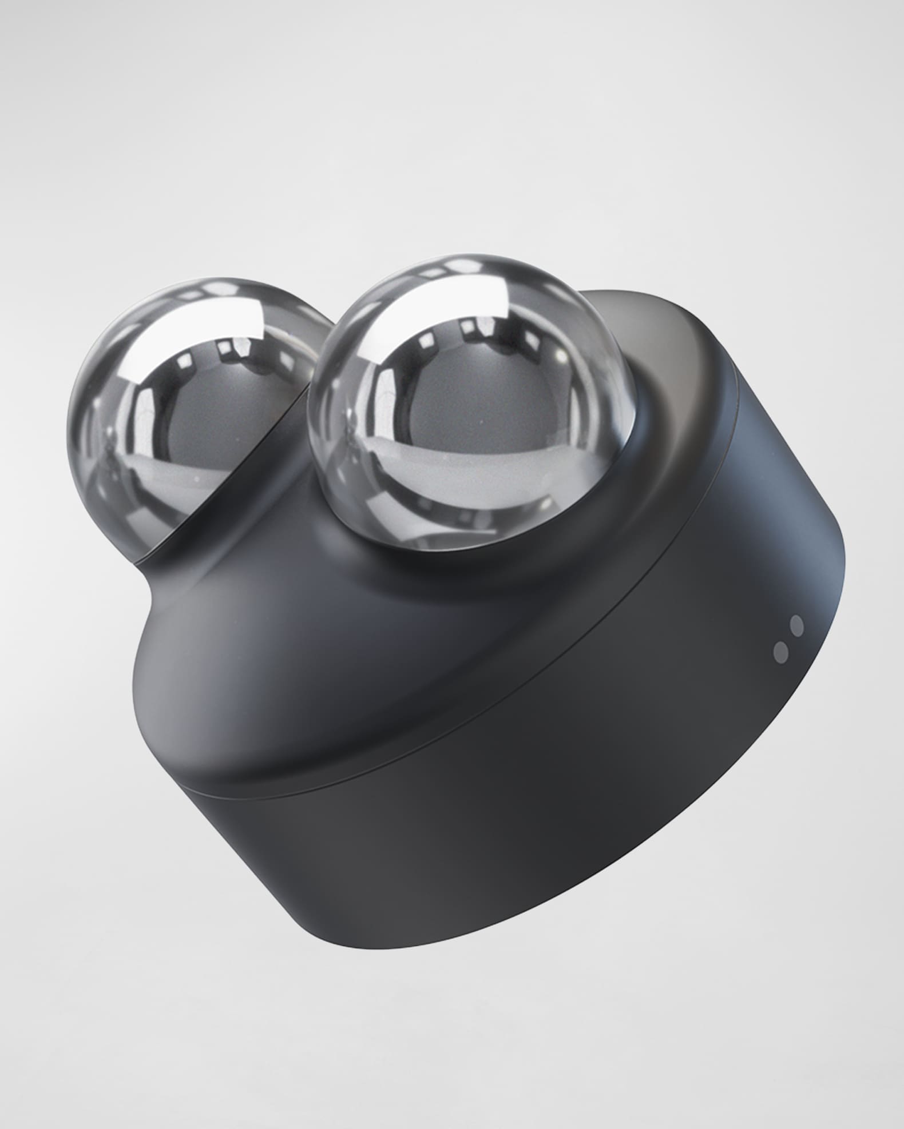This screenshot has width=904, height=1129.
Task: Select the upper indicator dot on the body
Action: point(796,625)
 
